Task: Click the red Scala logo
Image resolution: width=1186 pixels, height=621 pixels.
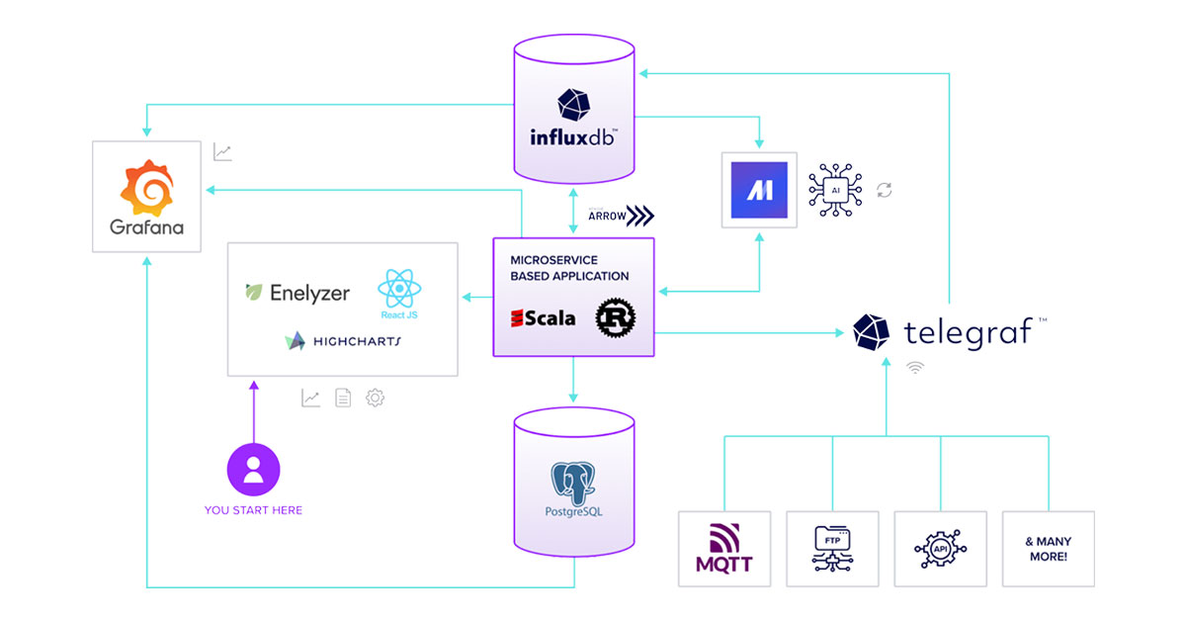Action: coord(543,318)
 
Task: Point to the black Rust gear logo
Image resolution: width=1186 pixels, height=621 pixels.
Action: coord(615,318)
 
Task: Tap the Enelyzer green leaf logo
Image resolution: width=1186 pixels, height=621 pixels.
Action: coord(255,293)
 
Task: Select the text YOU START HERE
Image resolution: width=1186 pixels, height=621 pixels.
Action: coord(253,510)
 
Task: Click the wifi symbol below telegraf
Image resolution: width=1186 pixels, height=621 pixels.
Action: coord(916,368)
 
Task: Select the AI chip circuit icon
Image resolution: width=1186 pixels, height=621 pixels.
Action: coord(835,188)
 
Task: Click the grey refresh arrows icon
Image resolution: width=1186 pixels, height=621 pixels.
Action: coord(885,190)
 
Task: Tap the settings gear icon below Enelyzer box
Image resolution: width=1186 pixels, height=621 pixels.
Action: coord(375,399)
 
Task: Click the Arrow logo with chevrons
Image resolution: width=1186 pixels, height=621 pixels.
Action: coord(621,216)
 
